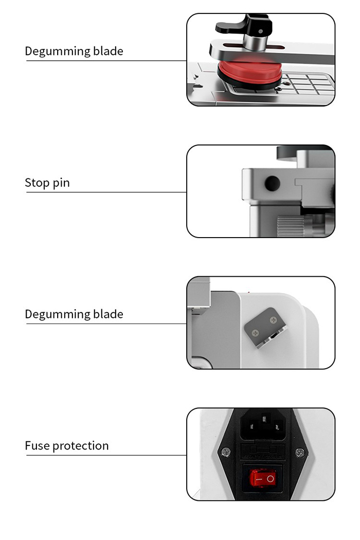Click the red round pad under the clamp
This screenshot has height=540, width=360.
point(250,73)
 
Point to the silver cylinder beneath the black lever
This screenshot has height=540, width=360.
point(255,43)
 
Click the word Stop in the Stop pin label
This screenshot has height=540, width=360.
point(37,183)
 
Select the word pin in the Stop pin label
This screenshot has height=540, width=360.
point(61,183)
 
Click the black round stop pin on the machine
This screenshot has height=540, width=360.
point(272,184)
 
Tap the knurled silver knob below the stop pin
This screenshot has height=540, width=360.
point(291,226)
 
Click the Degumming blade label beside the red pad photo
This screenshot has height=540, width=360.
point(74,51)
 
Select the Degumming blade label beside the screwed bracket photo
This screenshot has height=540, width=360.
point(74,314)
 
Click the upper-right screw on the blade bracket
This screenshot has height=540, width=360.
point(273,320)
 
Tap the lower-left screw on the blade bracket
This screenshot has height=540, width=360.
point(255,333)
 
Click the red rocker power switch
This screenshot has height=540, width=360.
point(263,478)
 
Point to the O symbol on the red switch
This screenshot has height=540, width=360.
point(271,479)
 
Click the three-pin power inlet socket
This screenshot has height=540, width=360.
point(264,426)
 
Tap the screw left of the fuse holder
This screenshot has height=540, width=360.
point(226,452)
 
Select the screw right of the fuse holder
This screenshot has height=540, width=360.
point(300,452)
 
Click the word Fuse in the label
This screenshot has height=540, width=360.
point(38,446)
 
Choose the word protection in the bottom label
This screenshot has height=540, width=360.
point(81,446)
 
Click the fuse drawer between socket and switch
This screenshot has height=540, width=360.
point(263,452)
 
